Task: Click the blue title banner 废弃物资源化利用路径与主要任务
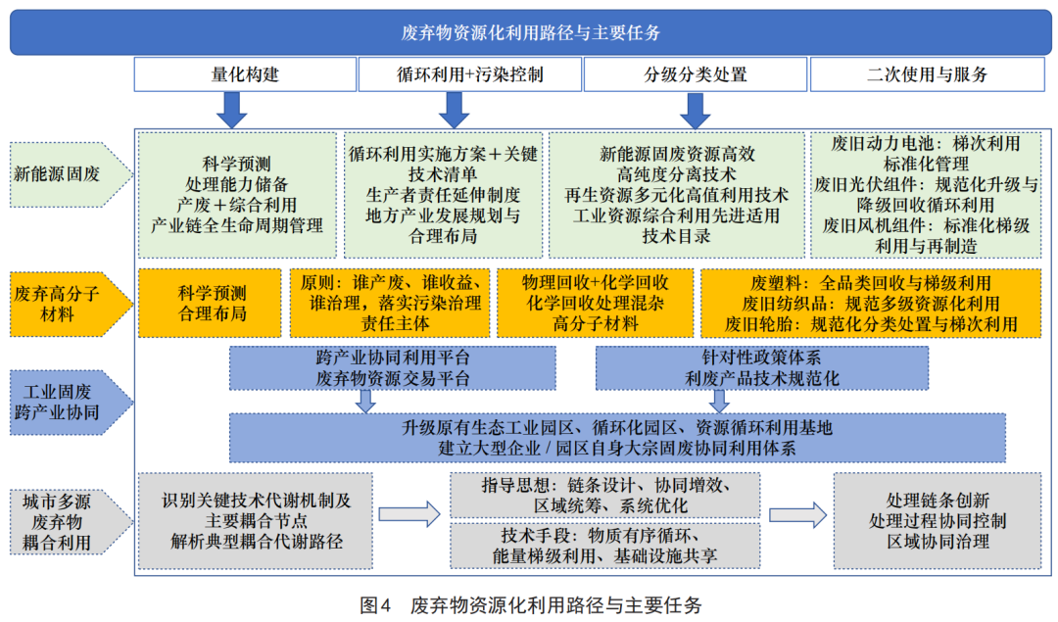529,32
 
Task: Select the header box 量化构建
245,74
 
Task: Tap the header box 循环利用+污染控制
469,74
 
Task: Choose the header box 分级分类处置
695,74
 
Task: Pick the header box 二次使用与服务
927,74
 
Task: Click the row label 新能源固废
64,174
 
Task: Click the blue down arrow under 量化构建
232,108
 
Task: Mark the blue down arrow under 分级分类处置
695,108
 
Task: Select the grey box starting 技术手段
604,546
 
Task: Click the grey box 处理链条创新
938,520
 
